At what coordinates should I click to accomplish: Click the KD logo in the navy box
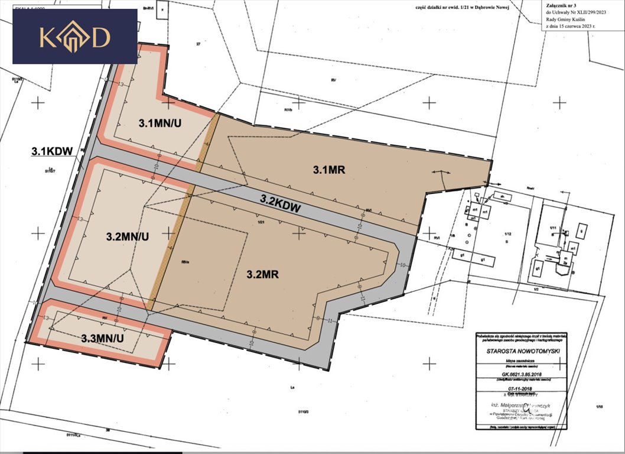coord(74,37)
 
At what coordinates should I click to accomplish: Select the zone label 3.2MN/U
coord(128,236)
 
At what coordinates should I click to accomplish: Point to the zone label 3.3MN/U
coord(102,338)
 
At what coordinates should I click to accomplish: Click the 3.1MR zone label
coord(328,170)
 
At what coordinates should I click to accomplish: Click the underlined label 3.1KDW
coord(51,151)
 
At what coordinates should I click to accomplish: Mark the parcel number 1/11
coord(554,228)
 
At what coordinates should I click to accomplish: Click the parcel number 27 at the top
coord(199,44)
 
